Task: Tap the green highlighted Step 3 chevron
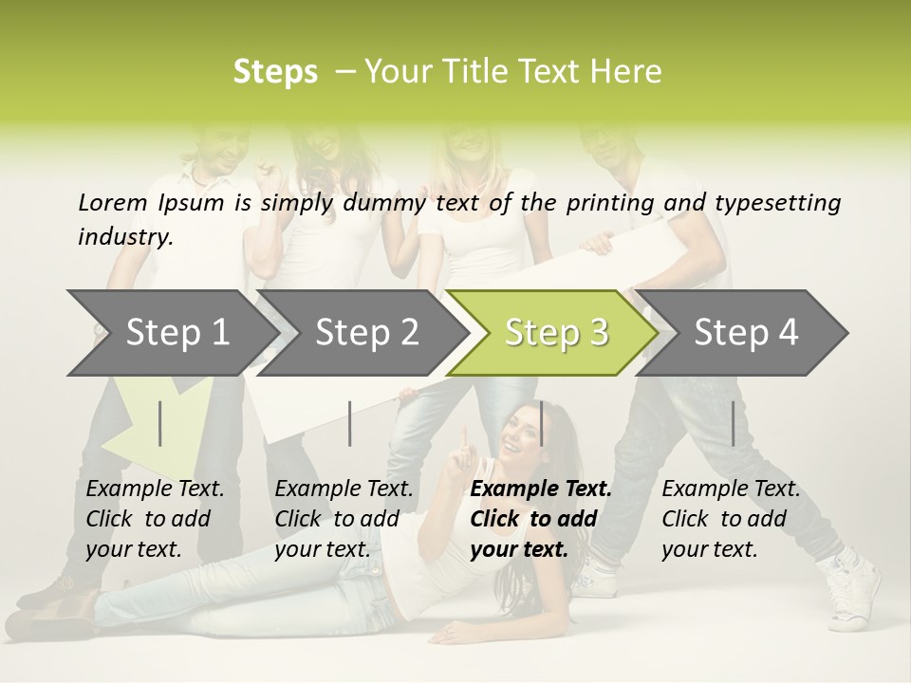pyautogui.click(x=555, y=333)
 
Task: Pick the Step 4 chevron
pyautogui.click(x=745, y=333)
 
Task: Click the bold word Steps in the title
pyautogui.click(x=275, y=72)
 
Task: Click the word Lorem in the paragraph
pyautogui.click(x=112, y=202)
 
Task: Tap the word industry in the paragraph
pyautogui.click(x=124, y=237)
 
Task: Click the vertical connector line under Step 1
pyautogui.click(x=159, y=423)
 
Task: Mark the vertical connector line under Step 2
pyautogui.click(x=350, y=423)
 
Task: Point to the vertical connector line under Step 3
pyautogui.click(x=541, y=423)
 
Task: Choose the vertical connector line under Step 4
pyautogui.click(x=733, y=423)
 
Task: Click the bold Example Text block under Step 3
pyautogui.click(x=541, y=519)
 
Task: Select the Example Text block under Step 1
pyautogui.click(x=155, y=519)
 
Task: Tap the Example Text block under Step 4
pyautogui.click(x=731, y=519)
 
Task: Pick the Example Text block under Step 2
pyautogui.click(x=344, y=519)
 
